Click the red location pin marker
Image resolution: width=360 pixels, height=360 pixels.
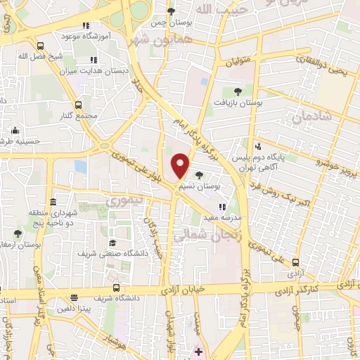[181, 165]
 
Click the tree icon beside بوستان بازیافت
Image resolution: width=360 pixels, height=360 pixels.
[237, 91]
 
